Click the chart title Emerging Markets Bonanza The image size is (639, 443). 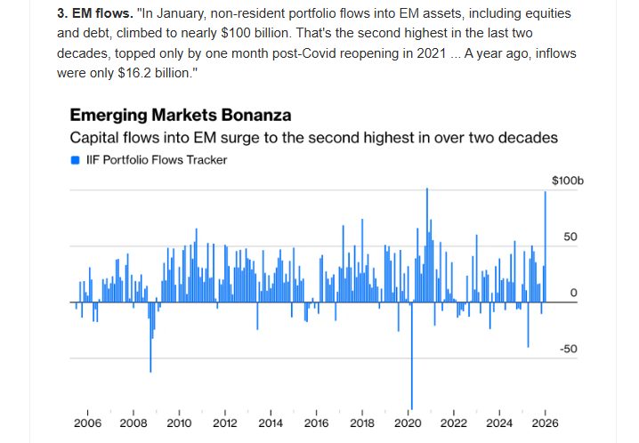(180, 115)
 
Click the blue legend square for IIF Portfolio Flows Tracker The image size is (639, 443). (75, 160)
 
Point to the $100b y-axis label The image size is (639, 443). (566, 181)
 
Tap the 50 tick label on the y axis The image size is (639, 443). (570, 238)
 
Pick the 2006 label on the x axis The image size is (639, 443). (86, 423)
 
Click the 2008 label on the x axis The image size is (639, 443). (133, 423)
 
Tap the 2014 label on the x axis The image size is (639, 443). (271, 423)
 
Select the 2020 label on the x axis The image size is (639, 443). (408, 423)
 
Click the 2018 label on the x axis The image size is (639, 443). (362, 423)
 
